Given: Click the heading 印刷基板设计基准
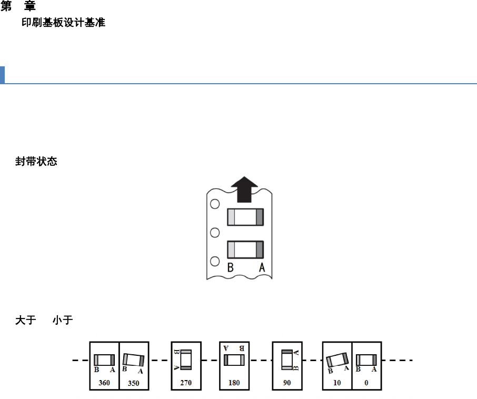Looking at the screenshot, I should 63,24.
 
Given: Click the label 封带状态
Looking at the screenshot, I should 36,162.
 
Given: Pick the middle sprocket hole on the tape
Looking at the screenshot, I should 215,233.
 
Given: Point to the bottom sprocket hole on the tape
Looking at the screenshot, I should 215,261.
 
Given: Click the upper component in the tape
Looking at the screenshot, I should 245,217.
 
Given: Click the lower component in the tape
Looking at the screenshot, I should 245,250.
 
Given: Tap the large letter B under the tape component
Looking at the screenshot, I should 230,268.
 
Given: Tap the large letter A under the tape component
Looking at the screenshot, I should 262,268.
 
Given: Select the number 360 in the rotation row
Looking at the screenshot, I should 104,383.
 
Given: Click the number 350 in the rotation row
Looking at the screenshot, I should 134,383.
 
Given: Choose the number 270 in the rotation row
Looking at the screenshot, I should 186,383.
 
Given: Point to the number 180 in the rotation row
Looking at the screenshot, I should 234,383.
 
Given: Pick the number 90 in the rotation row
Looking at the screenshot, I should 287,383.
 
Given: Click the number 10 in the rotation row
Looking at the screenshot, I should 337,383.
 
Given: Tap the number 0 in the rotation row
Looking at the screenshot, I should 366,383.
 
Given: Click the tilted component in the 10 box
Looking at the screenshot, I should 337,360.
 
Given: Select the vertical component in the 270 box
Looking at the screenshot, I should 185,360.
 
